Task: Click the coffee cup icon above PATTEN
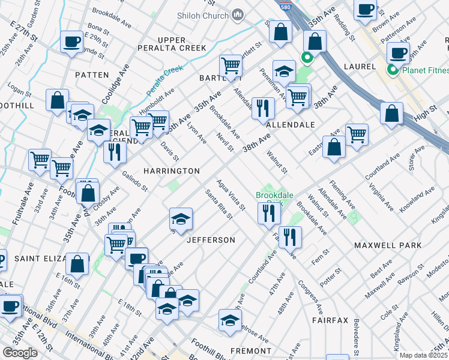[71, 41]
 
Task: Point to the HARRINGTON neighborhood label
[172, 171]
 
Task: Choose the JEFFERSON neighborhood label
[211, 240]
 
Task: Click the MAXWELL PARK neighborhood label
[387, 245]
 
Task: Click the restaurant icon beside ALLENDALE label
[263, 108]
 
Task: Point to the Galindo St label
[135, 179]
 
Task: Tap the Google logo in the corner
[20, 353]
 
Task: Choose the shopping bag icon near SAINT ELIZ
[77, 263]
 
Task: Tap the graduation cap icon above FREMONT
[229, 320]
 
